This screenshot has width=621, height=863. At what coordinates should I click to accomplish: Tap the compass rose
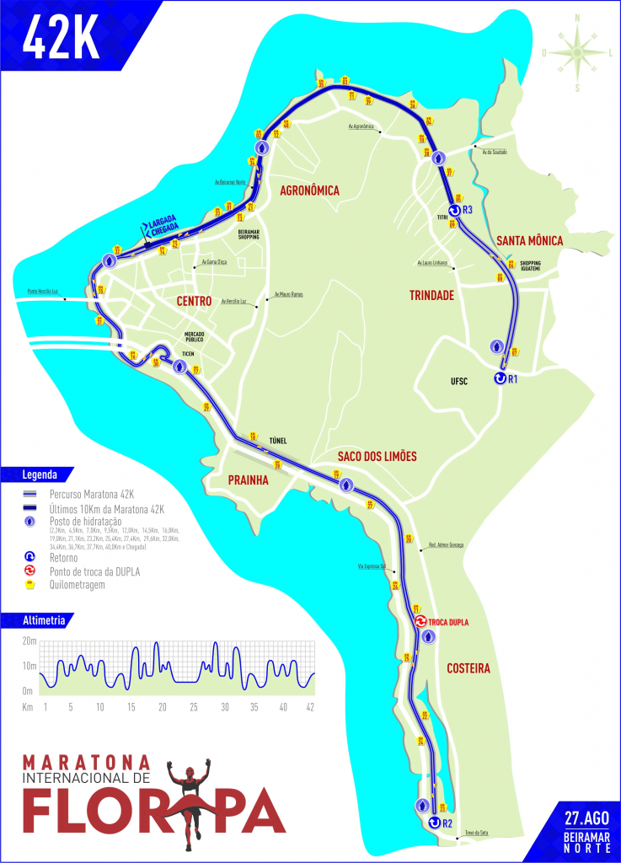coord(577,51)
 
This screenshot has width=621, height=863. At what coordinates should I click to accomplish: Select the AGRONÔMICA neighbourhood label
coord(309,191)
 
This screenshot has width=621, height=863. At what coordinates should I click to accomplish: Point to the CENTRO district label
coord(195,301)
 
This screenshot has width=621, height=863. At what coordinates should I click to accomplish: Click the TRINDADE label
coord(431,296)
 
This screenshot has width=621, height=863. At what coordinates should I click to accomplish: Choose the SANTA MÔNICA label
coord(528,241)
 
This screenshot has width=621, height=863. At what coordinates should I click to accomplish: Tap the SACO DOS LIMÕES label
coord(377,456)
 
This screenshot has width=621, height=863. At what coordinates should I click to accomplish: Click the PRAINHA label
coord(248,480)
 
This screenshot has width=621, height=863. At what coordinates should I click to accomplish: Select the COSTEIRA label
coord(469,668)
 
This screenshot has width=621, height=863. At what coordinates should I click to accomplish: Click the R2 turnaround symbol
coord(435,823)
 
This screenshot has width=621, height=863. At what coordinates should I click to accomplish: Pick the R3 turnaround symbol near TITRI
coord(454,210)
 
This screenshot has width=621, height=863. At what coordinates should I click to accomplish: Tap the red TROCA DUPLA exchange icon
coord(420,622)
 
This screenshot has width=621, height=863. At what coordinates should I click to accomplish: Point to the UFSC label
coord(459,381)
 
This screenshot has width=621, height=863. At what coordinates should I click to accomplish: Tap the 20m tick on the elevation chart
coord(29,641)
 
